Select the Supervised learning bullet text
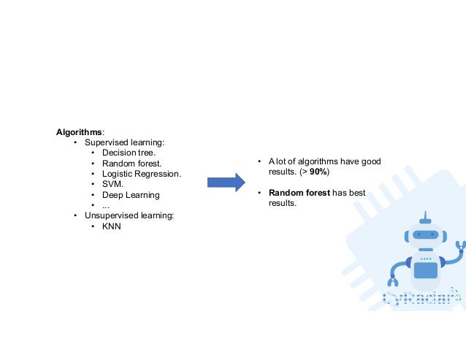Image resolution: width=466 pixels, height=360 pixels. (x=124, y=142)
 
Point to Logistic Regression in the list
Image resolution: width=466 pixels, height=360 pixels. (x=141, y=174)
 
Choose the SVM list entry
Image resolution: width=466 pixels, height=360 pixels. (x=113, y=185)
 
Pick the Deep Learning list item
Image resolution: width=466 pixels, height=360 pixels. (x=131, y=195)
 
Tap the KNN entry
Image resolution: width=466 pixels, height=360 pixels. (x=112, y=227)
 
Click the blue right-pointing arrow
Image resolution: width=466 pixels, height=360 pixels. (x=226, y=183)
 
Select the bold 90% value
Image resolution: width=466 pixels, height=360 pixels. (x=318, y=172)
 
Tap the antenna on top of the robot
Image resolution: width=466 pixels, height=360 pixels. (x=424, y=218)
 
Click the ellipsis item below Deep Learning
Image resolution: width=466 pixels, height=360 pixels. (x=106, y=206)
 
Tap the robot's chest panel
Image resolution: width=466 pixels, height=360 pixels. (x=424, y=269)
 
